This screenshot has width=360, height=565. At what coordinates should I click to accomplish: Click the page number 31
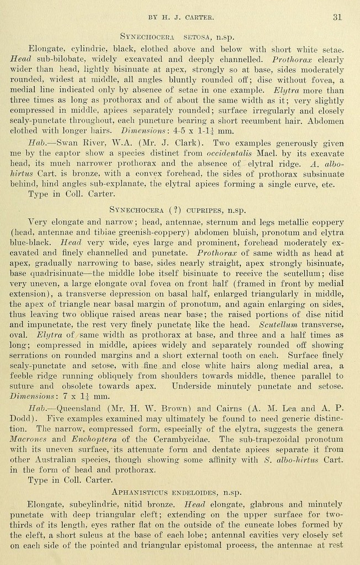(x=337, y=17)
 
